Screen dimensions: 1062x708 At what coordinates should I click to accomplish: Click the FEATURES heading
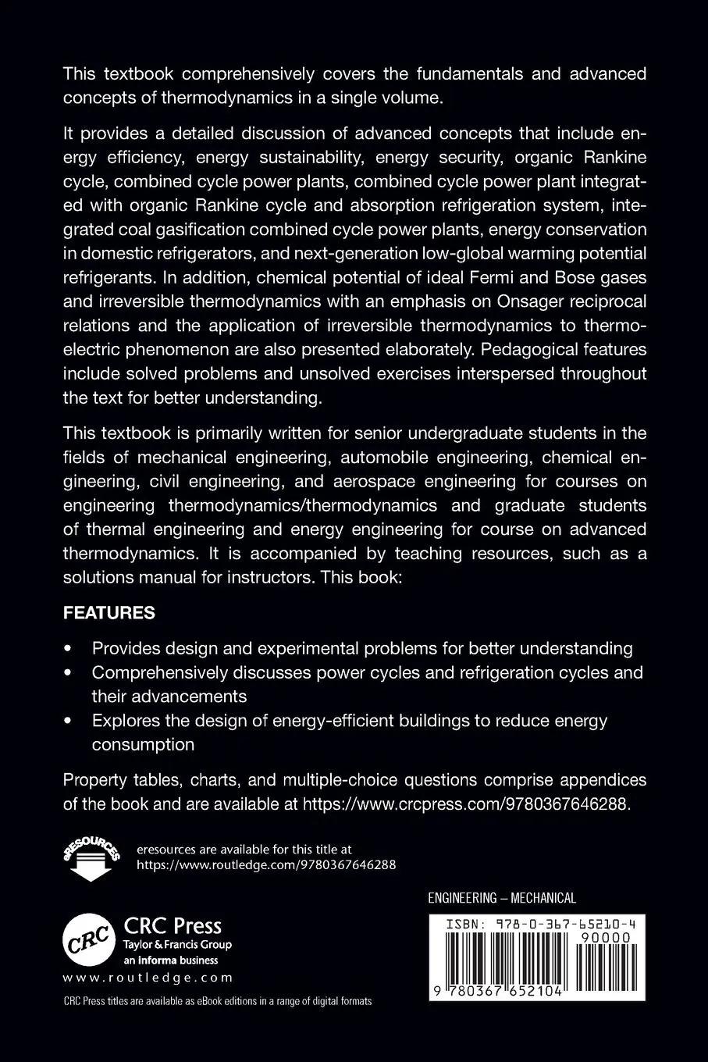coord(109,613)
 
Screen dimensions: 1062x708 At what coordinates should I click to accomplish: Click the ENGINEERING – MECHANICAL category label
coord(502,898)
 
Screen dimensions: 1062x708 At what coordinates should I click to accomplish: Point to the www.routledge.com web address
coord(148,977)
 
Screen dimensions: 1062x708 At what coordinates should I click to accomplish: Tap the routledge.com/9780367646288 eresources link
coord(266,864)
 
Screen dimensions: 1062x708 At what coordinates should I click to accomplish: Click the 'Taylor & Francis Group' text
coord(178,945)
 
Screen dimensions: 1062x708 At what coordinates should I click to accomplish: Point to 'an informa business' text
coord(171,960)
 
